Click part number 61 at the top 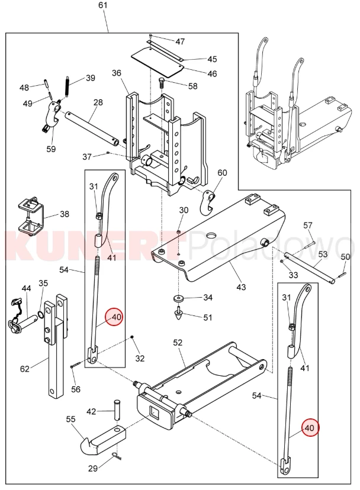103,5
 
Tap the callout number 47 180,41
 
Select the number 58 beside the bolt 193,86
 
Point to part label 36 116,73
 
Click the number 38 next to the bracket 64,214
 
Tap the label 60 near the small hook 222,173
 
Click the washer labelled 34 178,298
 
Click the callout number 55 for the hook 70,419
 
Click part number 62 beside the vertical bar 24,369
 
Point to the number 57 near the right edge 308,225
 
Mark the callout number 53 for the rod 323,254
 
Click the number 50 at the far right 345,256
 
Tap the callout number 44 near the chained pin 26,288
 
